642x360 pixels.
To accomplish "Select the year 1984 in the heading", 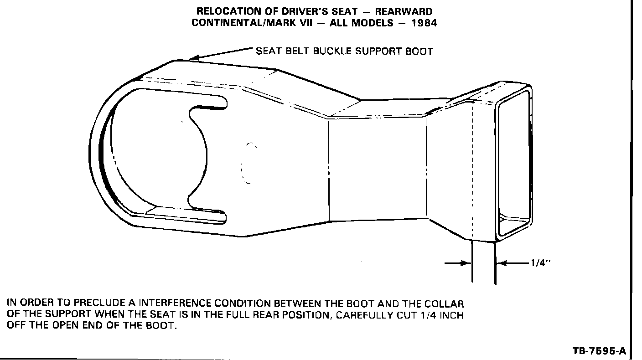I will (424, 23).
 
